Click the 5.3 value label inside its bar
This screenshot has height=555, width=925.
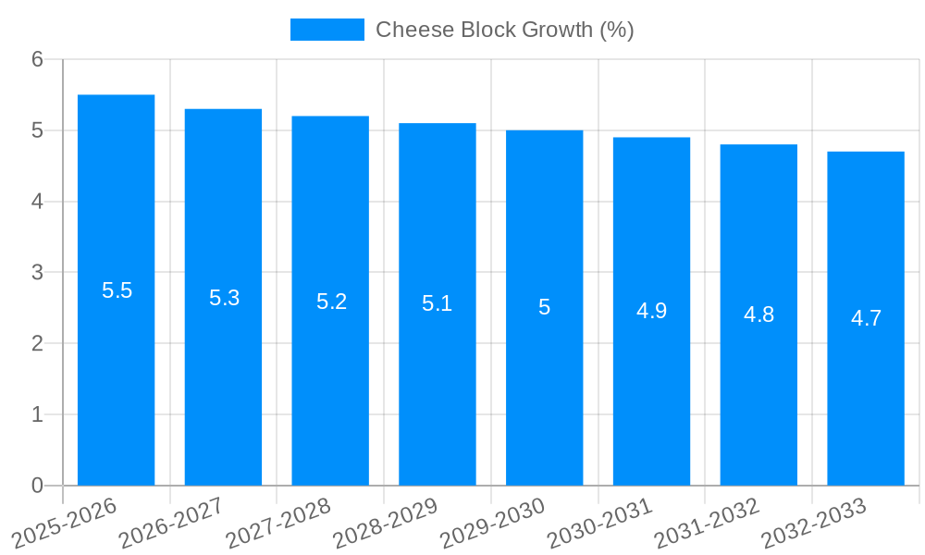pyautogui.click(x=224, y=298)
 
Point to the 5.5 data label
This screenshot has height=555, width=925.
pyautogui.click(x=117, y=290)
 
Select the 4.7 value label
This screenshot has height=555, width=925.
pyautogui.click(x=866, y=319)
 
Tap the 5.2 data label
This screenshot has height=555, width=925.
pyautogui.click(x=331, y=302)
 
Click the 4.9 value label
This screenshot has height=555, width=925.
pyautogui.click(x=651, y=312)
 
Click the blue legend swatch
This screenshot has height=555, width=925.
pyautogui.click(x=327, y=30)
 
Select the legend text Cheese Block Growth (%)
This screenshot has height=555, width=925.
pyautogui.click(x=504, y=30)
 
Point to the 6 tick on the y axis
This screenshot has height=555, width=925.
pyautogui.click(x=37, y=59)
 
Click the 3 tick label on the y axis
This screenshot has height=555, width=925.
pyautogui.click(x=37, y=273)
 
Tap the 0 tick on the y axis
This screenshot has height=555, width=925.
pyautogui.click(x=37, y=486)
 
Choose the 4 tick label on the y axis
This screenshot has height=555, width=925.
pyautogui.click(x=37, y=202)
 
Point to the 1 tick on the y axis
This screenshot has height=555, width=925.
pyautogui.click(x=37, y=414)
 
